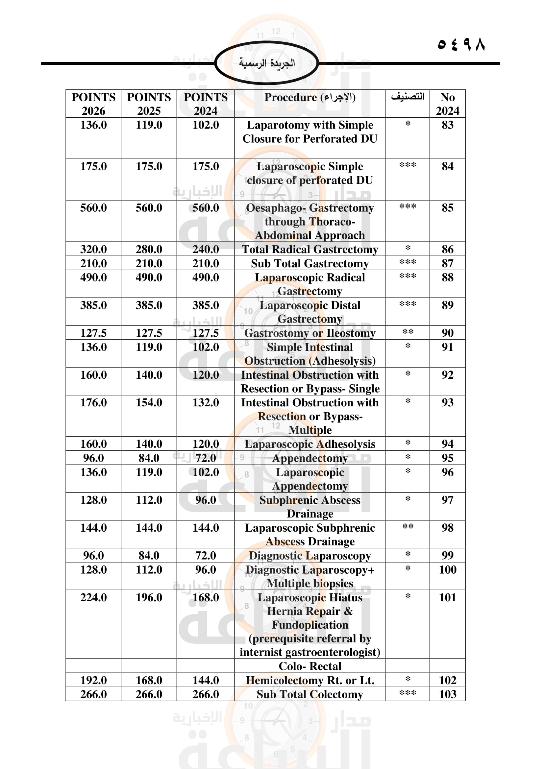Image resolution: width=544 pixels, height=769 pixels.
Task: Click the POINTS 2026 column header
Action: [93, 104]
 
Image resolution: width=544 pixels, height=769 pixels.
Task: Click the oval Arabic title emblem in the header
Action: [267, 63]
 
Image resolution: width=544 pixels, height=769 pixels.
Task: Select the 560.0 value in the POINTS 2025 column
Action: [149, 208]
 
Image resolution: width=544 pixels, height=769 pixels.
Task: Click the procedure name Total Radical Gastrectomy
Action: [310, 250]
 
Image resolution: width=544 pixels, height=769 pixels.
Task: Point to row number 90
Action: [448, 333]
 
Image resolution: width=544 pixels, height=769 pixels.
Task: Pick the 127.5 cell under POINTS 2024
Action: [205, 333]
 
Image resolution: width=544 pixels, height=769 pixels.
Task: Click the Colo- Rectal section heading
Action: [310, 666]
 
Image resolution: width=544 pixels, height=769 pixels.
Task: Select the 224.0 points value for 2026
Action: [93, 597]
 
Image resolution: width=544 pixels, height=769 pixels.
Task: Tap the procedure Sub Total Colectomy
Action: [310, 694]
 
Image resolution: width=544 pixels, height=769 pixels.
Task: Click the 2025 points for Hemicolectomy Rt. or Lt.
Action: [149, 680]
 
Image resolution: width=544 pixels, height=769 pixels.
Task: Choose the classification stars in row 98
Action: [408, 527]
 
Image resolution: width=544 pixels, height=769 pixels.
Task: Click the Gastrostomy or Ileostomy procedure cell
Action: [310, 333]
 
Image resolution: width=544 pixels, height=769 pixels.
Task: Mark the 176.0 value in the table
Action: [93, 403]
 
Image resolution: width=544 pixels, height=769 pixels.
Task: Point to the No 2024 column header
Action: [448, 104]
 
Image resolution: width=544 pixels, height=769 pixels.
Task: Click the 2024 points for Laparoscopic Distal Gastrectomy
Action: [205, 305]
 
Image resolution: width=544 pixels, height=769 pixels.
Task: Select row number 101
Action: [448, 597]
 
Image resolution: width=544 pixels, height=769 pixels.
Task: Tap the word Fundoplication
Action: [310, 625]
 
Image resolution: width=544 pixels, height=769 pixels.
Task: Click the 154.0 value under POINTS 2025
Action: [149, 403]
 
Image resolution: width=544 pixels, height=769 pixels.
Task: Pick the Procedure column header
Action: [310, 97]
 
